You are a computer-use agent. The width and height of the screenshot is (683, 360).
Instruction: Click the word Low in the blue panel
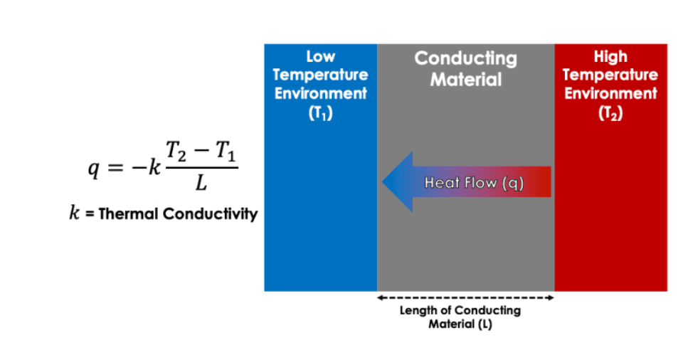point(320,56)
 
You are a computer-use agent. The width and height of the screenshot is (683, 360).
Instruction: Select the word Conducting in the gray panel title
point(466,58)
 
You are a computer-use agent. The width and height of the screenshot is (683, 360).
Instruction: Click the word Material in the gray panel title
point(466,79)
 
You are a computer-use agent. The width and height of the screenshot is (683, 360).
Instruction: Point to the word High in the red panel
point(610,56)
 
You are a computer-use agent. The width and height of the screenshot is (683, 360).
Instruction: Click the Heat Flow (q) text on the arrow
point(474,183)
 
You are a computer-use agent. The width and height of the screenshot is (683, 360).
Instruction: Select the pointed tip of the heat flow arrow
point(384,182)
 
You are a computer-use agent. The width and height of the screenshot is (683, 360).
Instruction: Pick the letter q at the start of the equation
point(92,171)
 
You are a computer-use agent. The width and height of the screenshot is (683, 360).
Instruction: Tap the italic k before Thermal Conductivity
point(74,214)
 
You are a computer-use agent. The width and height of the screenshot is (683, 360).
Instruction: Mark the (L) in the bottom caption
point(484,324)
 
